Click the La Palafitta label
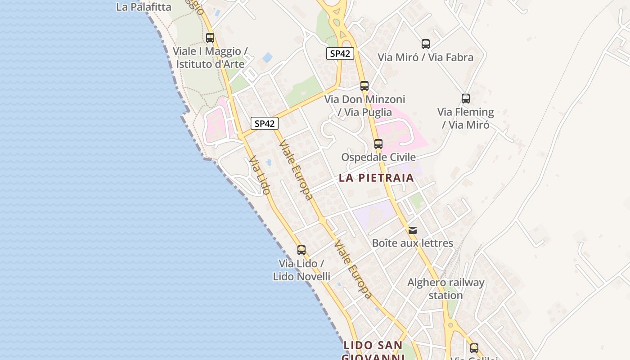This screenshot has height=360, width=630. click(x=144, y=7)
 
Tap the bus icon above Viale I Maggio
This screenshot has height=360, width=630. click(x=210, y=38)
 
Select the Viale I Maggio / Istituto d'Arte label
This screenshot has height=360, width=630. click(x=210, y=58)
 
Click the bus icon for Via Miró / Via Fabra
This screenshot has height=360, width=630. click(x=426, y=44)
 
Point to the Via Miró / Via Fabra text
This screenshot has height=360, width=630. click(x=425, y=57)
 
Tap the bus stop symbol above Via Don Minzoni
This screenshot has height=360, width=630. click(x=364, y=86)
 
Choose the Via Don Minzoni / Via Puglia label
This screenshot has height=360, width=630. click(x=364, y=105)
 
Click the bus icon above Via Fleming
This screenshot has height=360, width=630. click(x=466, y=99)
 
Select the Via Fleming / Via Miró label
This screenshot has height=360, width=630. click(x=466, y=118)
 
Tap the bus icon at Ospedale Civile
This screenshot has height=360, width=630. click(x=378, y=144)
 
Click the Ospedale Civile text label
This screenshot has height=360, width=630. click(x=378, y=157)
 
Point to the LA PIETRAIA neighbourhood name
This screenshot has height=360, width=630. click(x=376, y=178)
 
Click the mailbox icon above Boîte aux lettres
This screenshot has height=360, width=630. click(x=412, y=230)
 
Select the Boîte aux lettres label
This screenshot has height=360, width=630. click(x=412, y=243)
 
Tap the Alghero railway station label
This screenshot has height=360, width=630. click(x=445, y=289)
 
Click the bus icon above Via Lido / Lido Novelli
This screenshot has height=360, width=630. click(x=301, y=250)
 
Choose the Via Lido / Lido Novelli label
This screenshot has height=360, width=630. click(x=301, y=270)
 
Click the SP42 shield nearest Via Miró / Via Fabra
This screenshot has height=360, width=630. click(x=340, y=54)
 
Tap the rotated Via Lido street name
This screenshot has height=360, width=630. click(x=260, y=175)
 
